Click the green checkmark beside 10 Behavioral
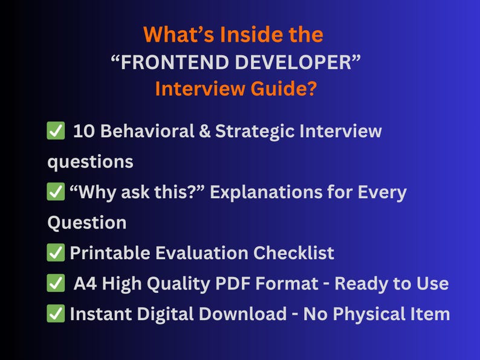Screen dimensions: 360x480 56,131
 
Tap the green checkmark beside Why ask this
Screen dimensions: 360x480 56,192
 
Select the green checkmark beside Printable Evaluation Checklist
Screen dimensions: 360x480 56,252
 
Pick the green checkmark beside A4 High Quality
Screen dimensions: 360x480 56,283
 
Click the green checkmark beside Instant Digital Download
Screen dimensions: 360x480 56,313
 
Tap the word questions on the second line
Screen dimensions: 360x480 90,162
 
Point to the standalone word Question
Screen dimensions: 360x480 86,222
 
